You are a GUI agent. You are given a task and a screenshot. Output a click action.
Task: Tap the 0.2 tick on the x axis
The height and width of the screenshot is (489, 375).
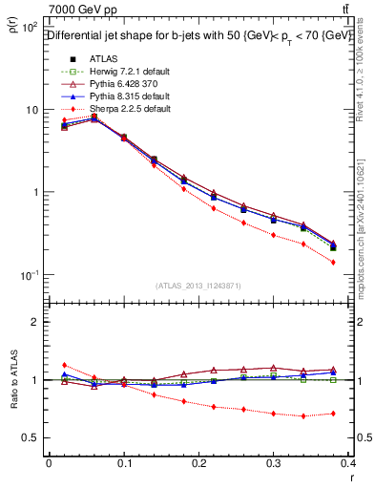pyautogui.click(x=200, y=463)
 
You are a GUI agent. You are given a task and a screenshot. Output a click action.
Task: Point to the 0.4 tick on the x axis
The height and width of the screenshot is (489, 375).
pyautogui.click(x=352, y=463)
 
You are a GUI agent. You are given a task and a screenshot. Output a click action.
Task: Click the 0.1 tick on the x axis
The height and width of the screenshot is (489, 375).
pyautogui.click(x=124, y=463)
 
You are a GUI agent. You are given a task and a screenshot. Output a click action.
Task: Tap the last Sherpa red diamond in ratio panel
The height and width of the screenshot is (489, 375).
pyautogui.click(x=333, y=414)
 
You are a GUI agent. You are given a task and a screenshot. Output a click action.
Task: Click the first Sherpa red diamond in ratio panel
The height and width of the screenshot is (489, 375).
pyautogui.click(x=64, y=365)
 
